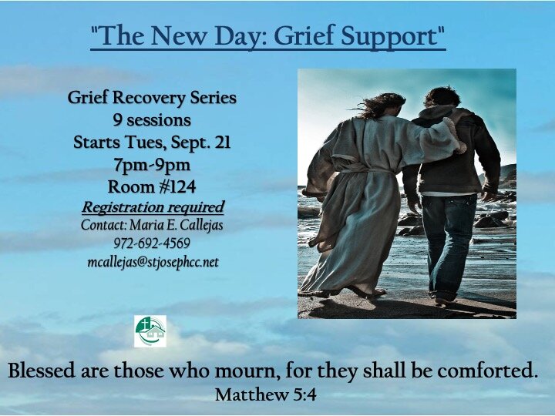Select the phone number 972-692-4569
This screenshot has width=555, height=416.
pos(151,244)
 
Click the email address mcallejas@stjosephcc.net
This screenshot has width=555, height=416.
pos(153,262)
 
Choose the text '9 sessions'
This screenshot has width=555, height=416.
pos(151,120)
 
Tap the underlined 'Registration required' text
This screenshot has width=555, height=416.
pos(153,206)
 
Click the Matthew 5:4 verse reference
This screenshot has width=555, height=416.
pos(266,395)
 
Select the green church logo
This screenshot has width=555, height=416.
pos(150,331)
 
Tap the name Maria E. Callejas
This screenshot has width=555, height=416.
pos(176,225)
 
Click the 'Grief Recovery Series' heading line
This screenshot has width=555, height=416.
pos(152,99)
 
